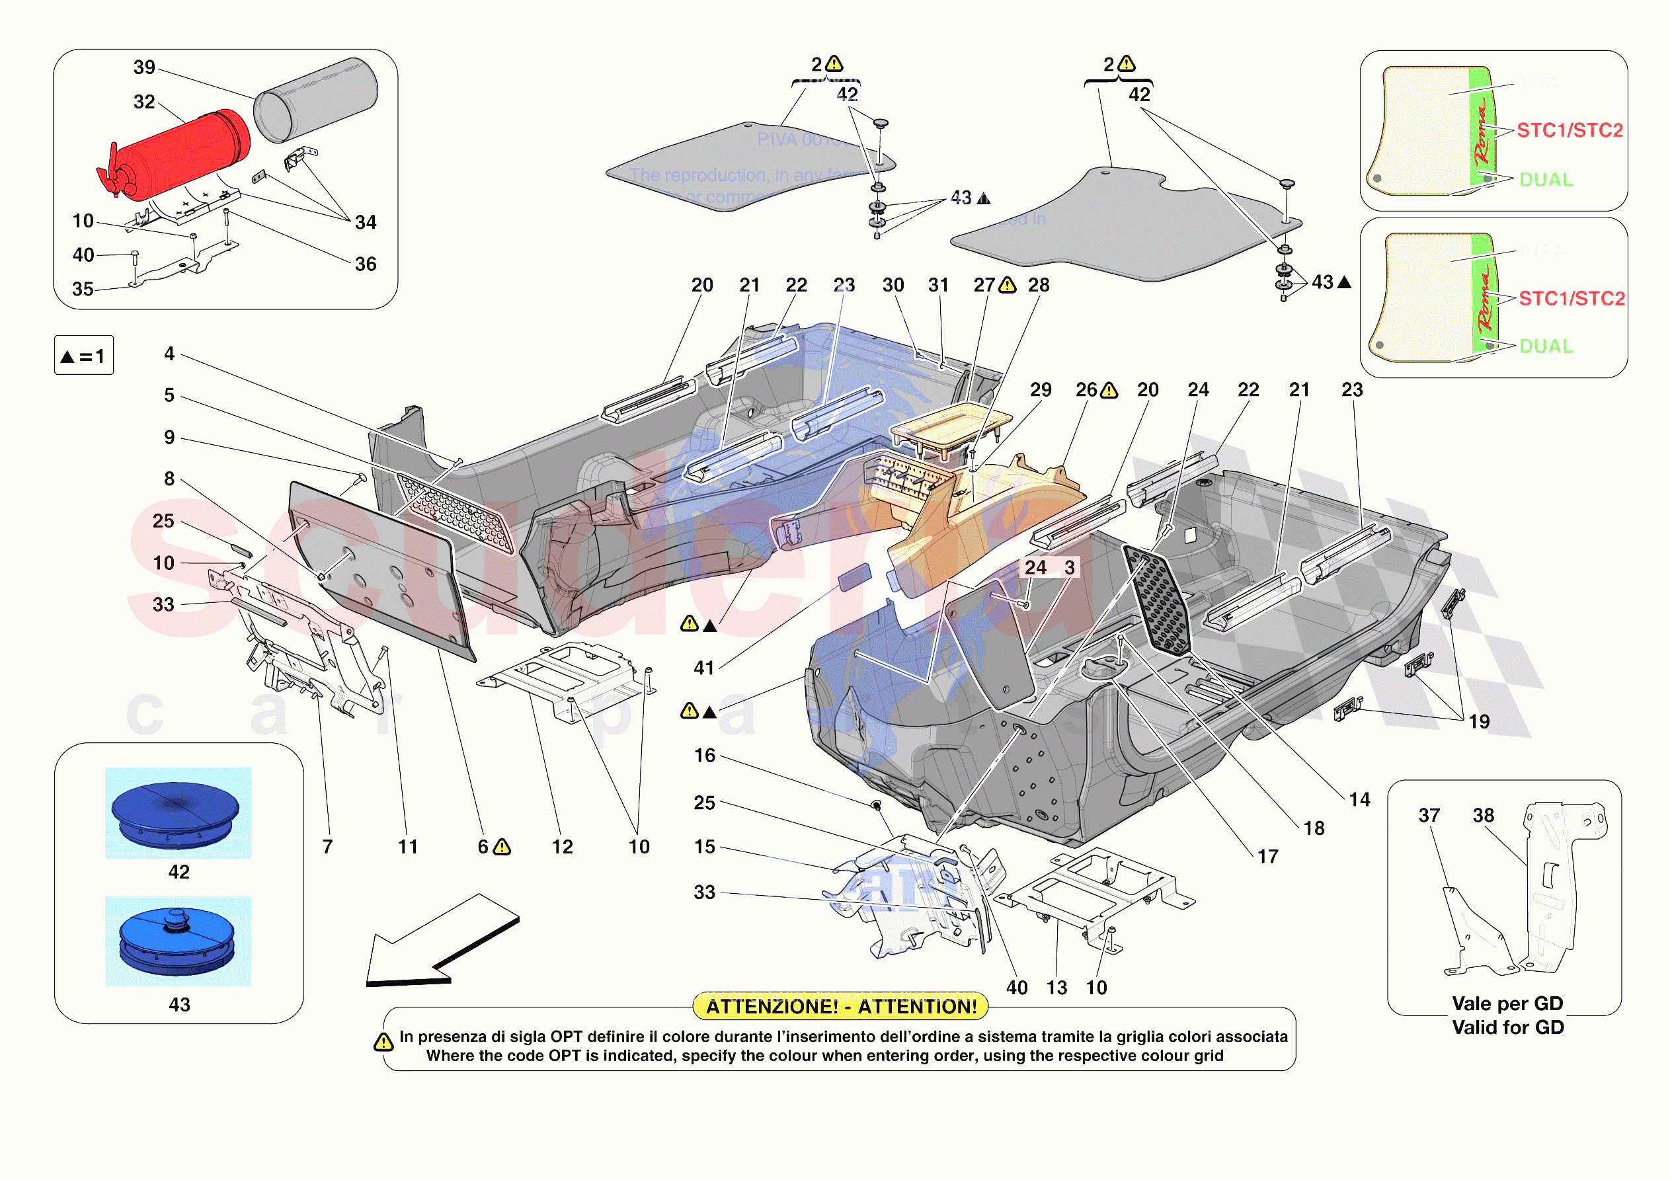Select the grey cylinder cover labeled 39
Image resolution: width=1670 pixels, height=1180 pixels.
click(317, 100)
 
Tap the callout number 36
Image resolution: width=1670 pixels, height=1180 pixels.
click(365, 264)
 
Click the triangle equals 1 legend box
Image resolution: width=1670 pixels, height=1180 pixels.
click(84, 356)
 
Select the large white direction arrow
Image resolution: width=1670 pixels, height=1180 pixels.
click(436, 942)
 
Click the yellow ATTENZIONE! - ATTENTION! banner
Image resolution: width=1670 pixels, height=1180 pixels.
click(841, 1007)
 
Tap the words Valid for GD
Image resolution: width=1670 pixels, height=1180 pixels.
click(1508, 1027)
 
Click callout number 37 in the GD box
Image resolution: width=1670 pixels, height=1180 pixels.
click(1429, 816)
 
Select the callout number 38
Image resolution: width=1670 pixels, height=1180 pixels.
click(1483, 816)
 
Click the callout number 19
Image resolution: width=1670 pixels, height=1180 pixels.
click(1479, 722)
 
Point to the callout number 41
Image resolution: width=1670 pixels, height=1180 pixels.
click(703, 668)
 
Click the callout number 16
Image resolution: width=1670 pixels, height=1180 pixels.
click(704, 756)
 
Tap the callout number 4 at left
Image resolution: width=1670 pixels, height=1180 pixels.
click(169, 354)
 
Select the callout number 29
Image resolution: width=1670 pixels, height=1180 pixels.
click(1040, 390)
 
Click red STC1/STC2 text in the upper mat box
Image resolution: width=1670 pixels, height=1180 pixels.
click(1570, 130)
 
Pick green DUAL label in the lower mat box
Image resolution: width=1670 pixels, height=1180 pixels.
click(1546, 346)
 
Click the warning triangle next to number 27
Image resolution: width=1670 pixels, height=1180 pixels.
click(1008, 285)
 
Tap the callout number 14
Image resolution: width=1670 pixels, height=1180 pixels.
click(1359, 799)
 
